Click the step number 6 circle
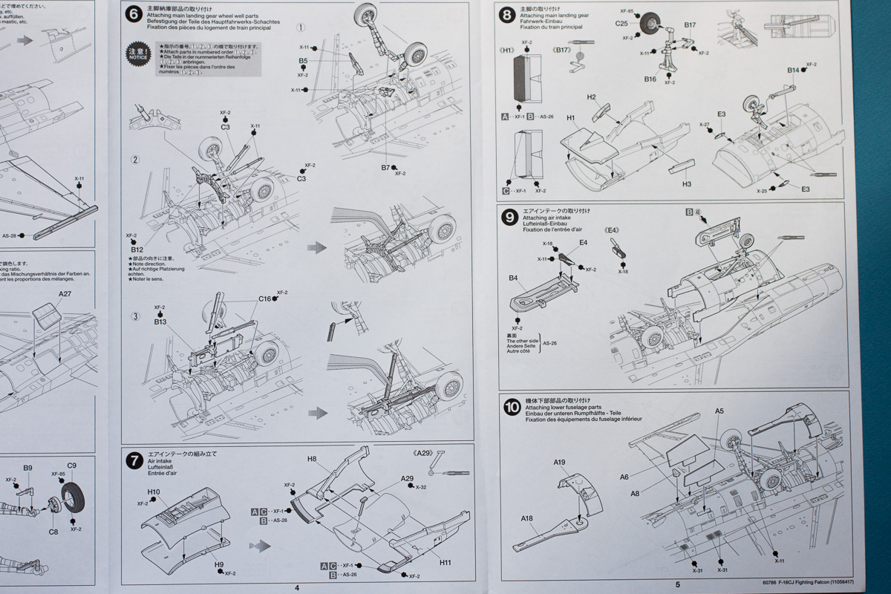[134, 15]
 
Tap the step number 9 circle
[509, 217]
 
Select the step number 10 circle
[511, 407]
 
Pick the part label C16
[265, 298]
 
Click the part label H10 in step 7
[154, 492]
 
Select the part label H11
[445, 562]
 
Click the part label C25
[621, 24]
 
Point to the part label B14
[794, 71]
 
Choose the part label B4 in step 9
[513, 278]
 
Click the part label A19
[559, 462]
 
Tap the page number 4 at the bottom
[297, 587]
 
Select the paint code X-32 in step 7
[422, 487]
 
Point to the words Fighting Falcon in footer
[817, 583]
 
